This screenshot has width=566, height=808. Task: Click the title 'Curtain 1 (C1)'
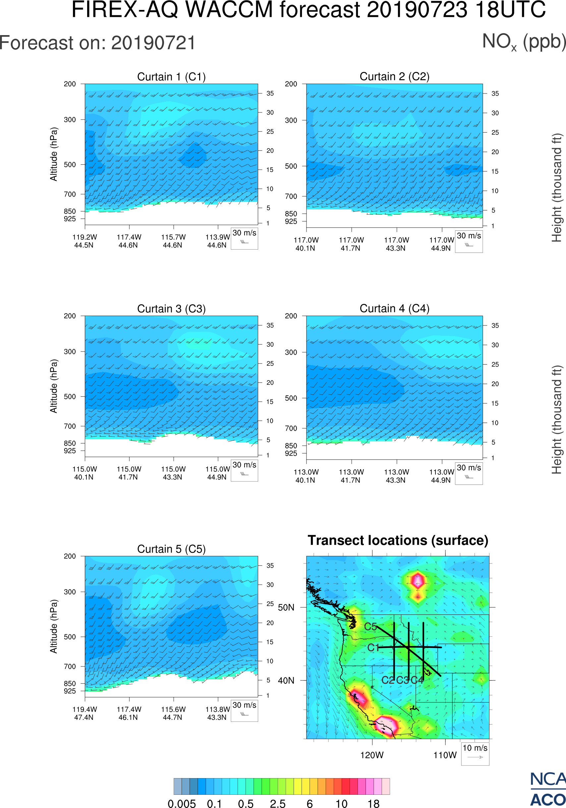click(x=171, y=77)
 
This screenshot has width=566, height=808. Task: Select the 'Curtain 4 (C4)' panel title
click(x=394, y=309)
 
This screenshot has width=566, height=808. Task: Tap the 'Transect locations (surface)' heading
click(x=398, y=540)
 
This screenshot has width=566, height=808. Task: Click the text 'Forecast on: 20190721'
click(x=97, y=43)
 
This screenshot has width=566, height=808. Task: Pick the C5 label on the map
click(x=370, y=627)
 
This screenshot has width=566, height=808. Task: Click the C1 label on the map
click(x=373, y=648)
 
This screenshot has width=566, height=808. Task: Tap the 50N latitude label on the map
click(x=286, y=607)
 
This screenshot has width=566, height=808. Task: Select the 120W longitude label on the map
click(x=372, y=755)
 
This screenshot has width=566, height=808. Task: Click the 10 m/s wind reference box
click(x=475, y=753)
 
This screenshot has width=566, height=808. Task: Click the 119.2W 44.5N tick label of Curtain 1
click(x=85, y=241)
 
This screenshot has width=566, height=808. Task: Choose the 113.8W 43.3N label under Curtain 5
click(x=217, y=713)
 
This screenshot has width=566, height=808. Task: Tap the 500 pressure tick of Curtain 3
click(x=70, y=397)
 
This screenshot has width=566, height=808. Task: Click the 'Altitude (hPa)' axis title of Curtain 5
click(x=53, y=626)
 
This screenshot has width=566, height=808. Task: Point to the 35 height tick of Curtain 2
click(x=495, y=93)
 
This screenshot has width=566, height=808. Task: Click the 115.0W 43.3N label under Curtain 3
click(x=173, y=473)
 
